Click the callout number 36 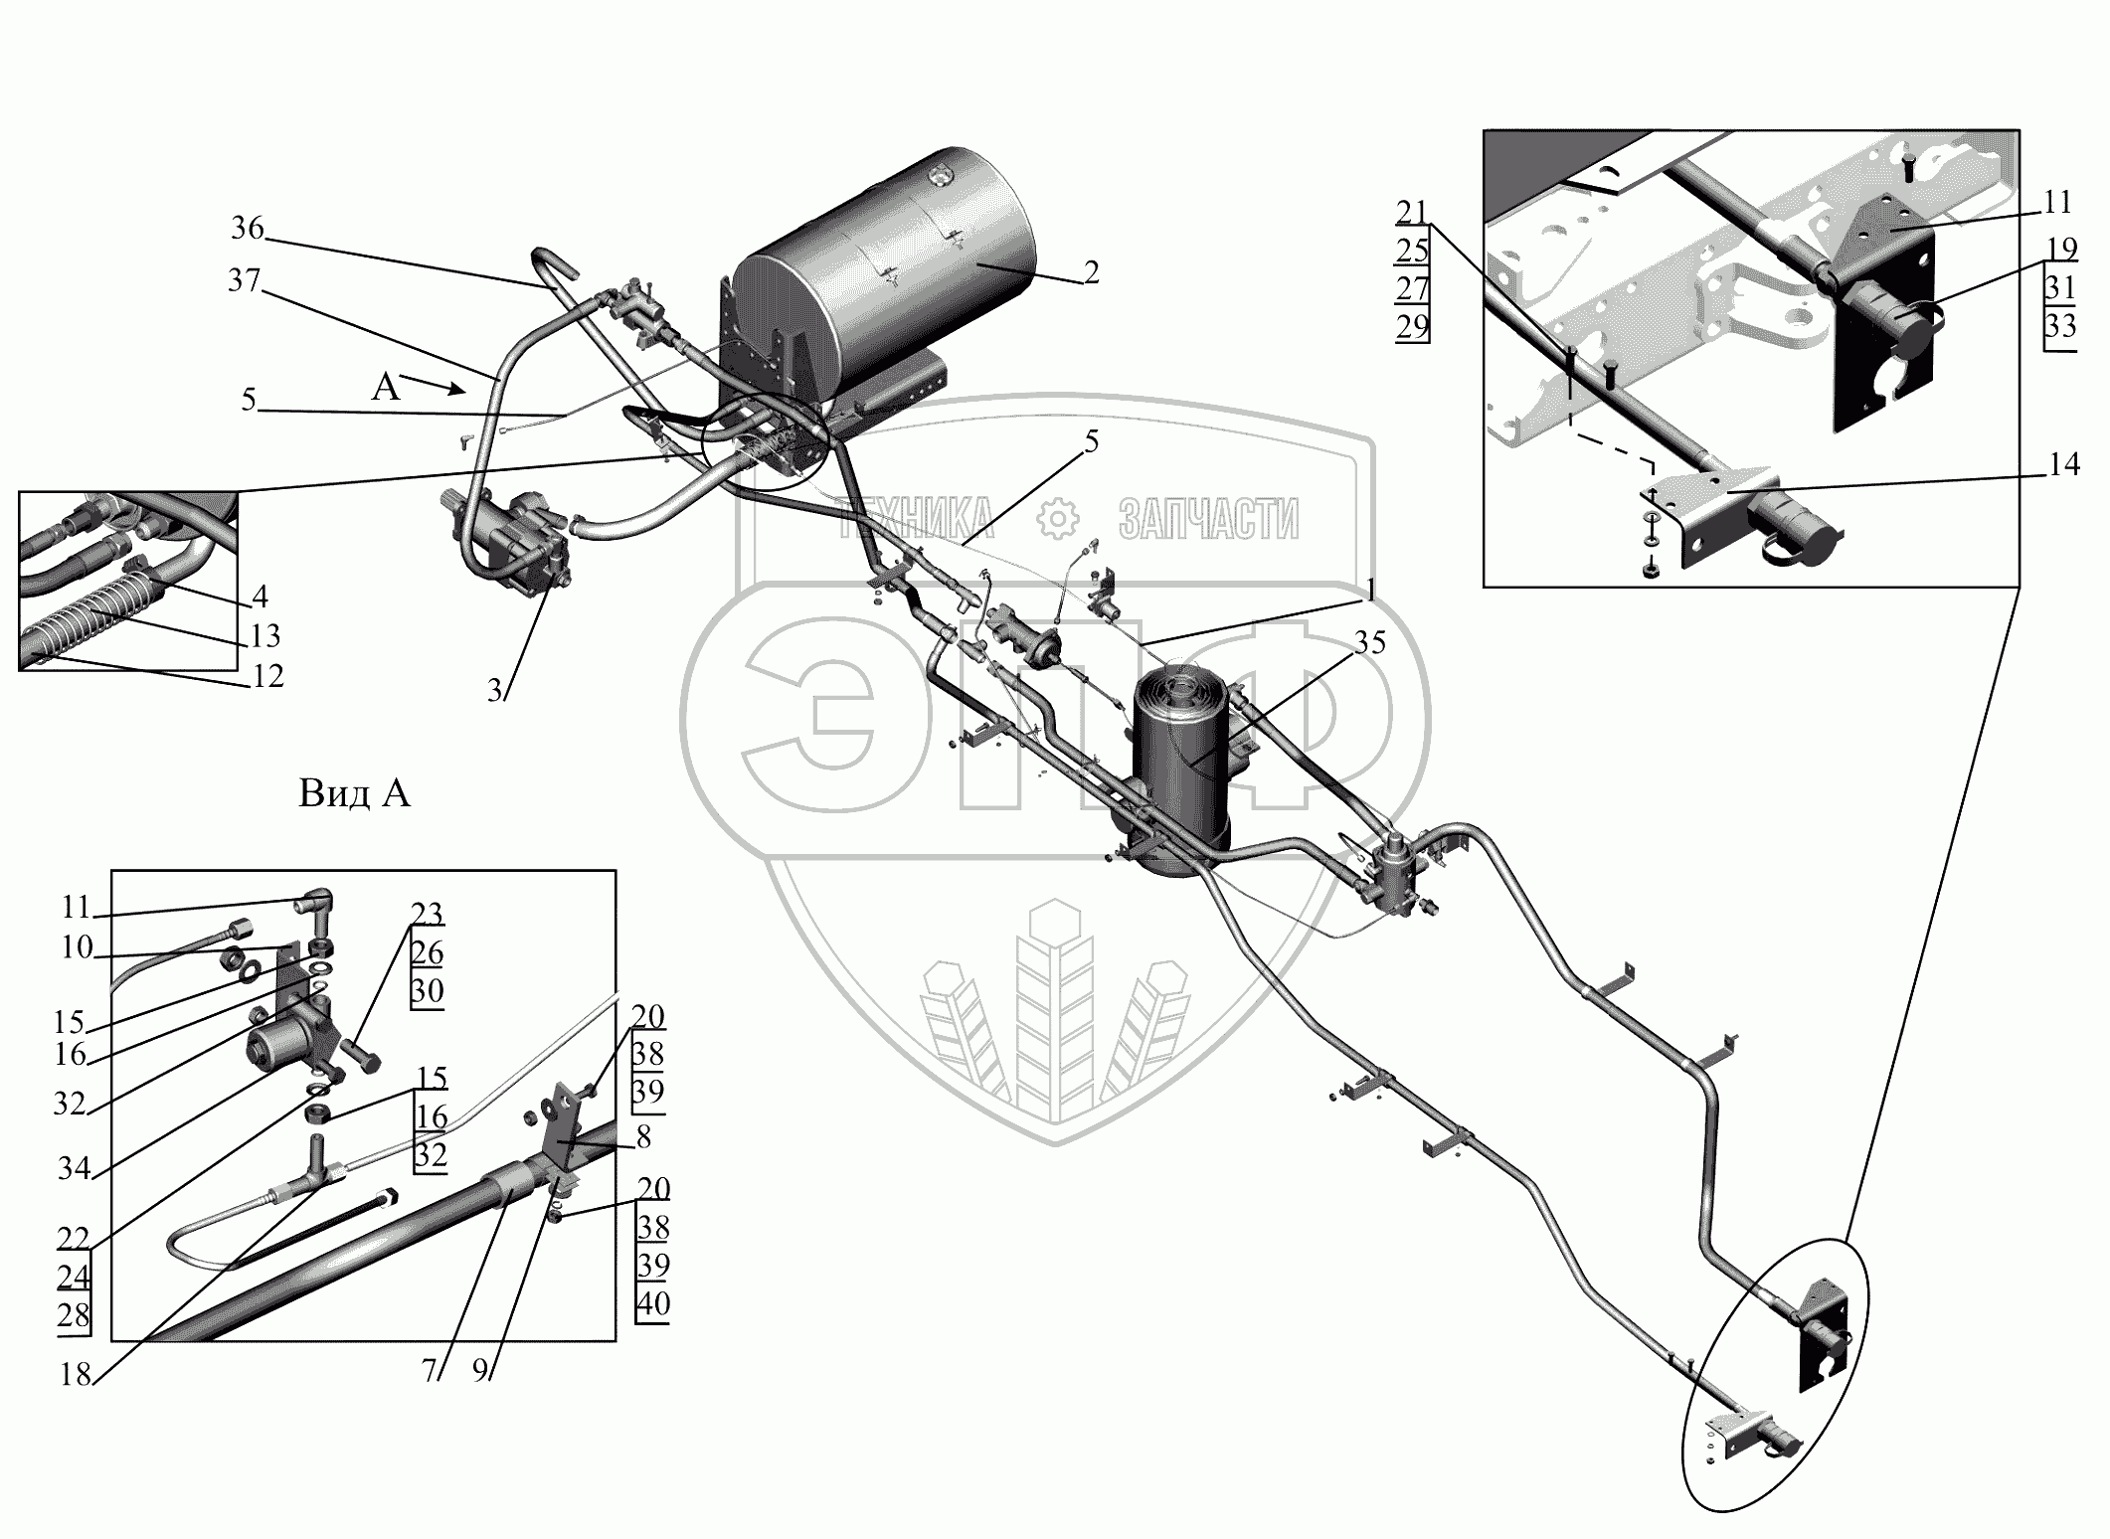[x=248, y=229]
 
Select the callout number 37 [x=244, y=281]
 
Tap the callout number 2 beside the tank [x=1091, y=272]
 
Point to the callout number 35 [x=1369, y=643]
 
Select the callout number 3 [x=495, y=691]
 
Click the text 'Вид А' [x=354, y=793]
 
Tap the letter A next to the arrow [x=386, y=387]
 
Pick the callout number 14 [x=2064, y=464]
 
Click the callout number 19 [x=2061, y=249]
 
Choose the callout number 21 [x=1412, y=213]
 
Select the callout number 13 [x=265, y=635]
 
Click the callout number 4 [x=260, y=597]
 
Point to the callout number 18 [x=76, y=1375]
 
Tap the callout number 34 [x=74, y=1168]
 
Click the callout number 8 [x=643, y=1135]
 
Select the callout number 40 [x=653, y=1302]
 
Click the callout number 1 [x=1369, y=590]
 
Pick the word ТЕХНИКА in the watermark [x=917, y=518]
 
